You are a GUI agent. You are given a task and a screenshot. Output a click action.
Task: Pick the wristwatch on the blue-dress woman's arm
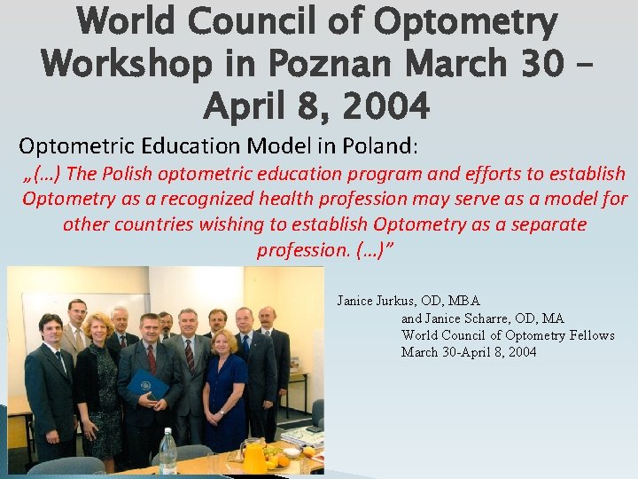(221, 411)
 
